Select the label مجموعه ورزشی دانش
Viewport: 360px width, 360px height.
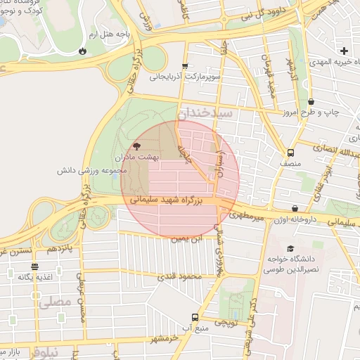(x=93, y=170)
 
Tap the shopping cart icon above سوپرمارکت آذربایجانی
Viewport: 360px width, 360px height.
(x=185, y=65)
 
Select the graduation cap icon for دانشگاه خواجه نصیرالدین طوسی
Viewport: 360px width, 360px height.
(x=290, y=248)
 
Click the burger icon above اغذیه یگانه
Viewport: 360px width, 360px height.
(x=35, y=266)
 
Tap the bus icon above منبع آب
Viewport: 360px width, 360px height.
(x=195, y=317)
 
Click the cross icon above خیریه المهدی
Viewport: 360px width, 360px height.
(x=344, y=51)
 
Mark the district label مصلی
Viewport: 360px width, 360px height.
(x=56, y=302)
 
